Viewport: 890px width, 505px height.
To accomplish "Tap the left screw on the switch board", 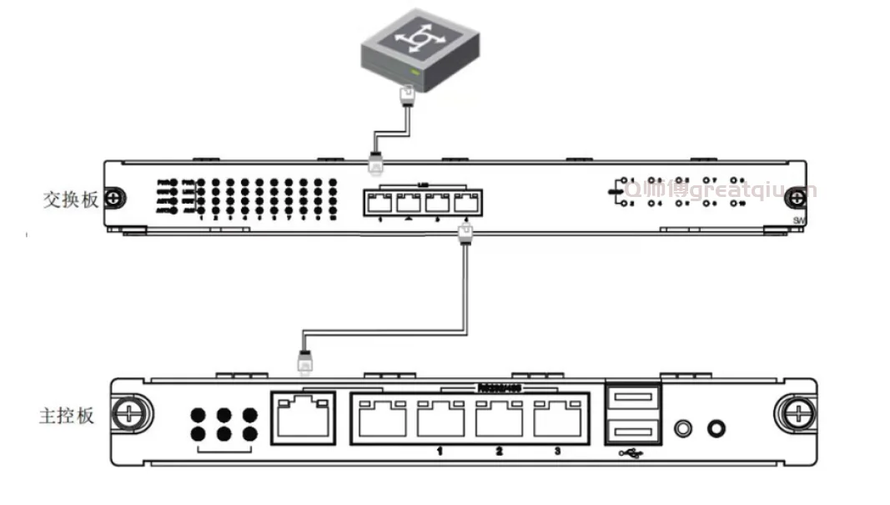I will click(x=117, y=198).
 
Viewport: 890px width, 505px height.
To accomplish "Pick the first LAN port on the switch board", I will click(x=380, y=202).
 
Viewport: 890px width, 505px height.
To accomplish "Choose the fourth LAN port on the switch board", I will click(x=465, y=202).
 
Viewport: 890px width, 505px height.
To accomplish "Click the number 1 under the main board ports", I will click(x=440, y=452).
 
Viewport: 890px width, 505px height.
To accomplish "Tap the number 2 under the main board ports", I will click(x=499, y=452).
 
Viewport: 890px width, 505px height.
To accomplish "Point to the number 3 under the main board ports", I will click(x=556, y=452).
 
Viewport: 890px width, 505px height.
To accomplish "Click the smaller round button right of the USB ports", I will click(x=685, y=428).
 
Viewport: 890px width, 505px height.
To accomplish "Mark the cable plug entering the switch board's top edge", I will click(x=375, y=162).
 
